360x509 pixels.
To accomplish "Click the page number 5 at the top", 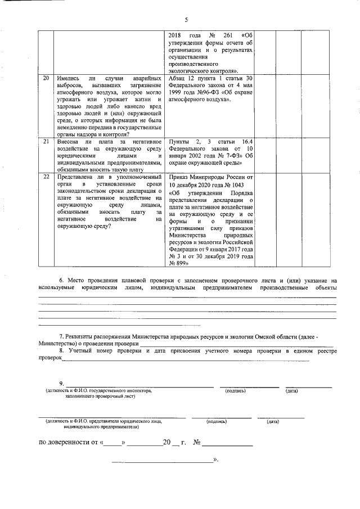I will (185, 20).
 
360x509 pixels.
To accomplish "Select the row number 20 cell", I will (46, 78).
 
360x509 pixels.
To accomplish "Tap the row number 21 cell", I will (46, 143).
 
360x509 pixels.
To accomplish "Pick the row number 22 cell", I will (46, 177).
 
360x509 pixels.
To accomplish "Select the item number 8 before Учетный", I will (61, 350).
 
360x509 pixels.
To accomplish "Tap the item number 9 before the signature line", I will (61, 384).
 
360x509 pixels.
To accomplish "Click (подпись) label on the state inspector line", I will (235, 390).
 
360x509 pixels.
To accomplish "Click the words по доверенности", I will (64, 443).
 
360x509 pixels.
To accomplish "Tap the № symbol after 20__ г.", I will (197, 443).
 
